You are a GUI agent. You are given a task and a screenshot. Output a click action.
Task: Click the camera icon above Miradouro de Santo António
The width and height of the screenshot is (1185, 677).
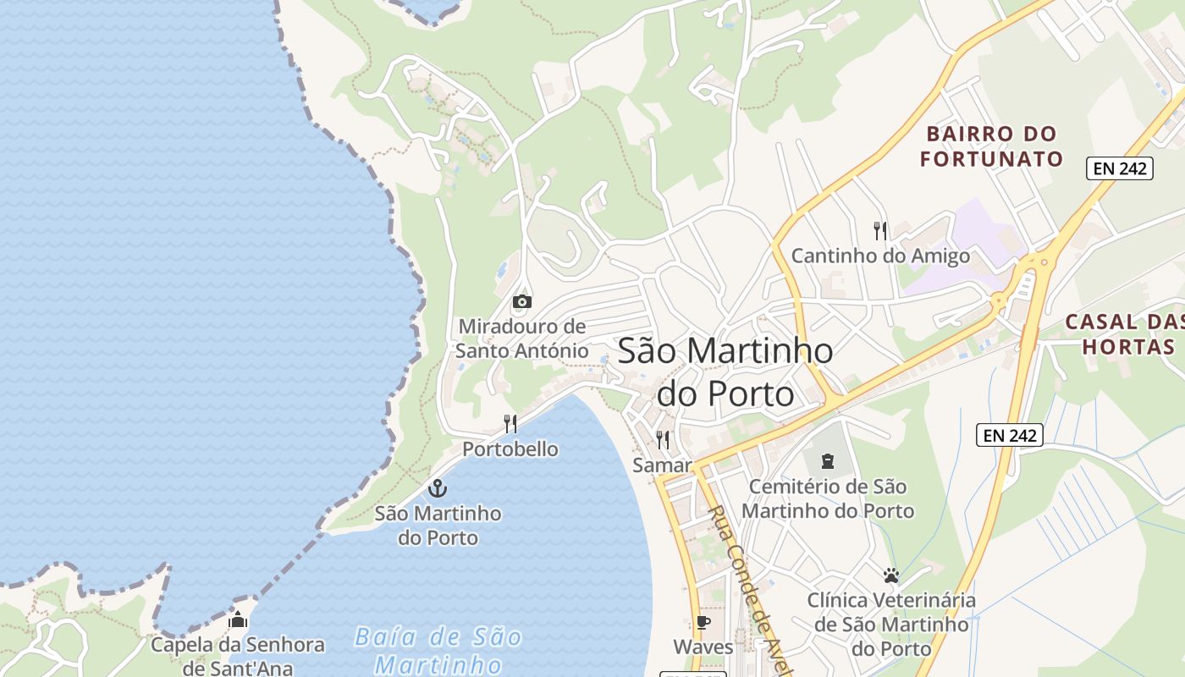point(522,301)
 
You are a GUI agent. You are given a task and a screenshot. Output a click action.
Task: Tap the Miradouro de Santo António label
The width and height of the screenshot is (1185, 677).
point(522,338)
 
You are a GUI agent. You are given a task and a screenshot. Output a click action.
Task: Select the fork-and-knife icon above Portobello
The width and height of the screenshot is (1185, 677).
point(510,423)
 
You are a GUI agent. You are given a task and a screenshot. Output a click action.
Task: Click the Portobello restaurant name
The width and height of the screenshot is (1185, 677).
point(510,449)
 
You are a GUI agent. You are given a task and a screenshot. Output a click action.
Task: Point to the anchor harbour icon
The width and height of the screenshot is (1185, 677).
point(438,488)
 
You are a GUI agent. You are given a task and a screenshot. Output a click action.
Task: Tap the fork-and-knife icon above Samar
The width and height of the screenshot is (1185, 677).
point(663,439)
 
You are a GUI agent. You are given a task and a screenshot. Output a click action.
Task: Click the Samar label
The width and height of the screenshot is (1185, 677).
point(662,465)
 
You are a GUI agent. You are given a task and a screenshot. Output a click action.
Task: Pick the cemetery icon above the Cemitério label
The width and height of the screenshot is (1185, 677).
point(827,461)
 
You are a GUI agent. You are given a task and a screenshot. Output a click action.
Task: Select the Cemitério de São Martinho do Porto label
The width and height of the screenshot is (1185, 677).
point(828,499)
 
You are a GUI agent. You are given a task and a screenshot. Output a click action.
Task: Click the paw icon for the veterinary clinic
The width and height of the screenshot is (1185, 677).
point(890,575)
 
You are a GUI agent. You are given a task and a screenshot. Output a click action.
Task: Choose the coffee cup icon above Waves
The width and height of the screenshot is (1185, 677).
point(703,623)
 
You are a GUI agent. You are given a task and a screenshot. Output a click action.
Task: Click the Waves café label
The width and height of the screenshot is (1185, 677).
point(703,647)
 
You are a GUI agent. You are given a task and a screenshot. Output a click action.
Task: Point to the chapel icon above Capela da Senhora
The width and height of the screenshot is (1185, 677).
point(238,619)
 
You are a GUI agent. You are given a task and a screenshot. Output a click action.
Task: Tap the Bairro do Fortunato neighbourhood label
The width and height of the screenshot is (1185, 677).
point(991,146)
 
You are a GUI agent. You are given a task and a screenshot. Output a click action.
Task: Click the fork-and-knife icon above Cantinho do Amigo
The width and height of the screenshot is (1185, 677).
point(880,230)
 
